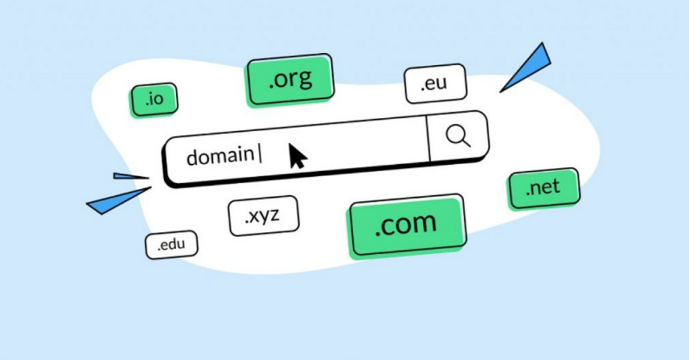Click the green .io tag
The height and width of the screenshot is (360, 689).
coord(154,100)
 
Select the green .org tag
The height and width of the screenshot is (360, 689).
coord(290,79)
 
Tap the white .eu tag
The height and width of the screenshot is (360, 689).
coord(435,83)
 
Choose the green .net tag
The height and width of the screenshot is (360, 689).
coord(544,188)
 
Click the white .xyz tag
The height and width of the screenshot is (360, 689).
coord(263,215)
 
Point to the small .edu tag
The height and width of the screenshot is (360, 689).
coord(172,244)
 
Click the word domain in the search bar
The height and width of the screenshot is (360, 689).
coord(220,157)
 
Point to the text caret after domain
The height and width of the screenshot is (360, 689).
coord(260,154)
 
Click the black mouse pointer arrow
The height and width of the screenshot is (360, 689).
coord(297,156)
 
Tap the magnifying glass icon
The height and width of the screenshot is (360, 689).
coord(458,135)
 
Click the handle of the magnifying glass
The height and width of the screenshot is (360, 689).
coord(466,143)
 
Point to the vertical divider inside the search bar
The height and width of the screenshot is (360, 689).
coord(428,138)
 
